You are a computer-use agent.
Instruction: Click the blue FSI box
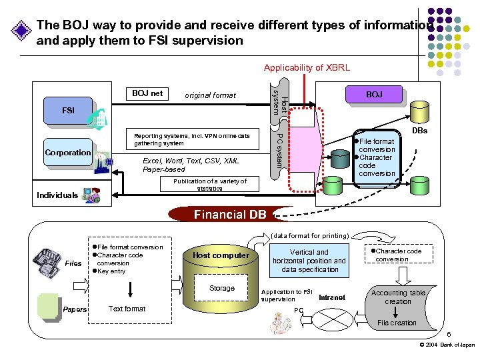[x=68, y=111]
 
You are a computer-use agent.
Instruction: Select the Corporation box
[x=68, y=152]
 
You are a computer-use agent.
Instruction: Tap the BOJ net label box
[x=147, y=94]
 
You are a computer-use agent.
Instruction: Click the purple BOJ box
[x=374, y=94]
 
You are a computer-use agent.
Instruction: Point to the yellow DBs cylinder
[x=419, y=112]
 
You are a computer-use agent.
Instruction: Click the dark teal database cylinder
[x=340, y=159]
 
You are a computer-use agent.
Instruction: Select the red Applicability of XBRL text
[x=307, y=67]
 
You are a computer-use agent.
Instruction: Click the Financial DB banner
[x=230, y=214]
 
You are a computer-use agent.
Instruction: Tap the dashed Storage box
[x=221, y=288]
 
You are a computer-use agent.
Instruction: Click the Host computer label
[x=221, y=255]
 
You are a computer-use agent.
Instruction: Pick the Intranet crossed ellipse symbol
[x=332, y=319]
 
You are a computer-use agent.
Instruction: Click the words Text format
[x=127, y=309]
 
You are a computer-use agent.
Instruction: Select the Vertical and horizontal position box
[x=309, y=261]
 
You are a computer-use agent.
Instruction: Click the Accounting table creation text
[x=398, y=297]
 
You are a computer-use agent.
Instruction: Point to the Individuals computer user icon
[x=91, y=195]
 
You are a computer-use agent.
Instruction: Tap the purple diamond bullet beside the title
[x=21, y=30]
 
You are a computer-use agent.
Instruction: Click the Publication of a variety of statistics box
[x=209, y=184]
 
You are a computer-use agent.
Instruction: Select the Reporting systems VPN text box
[x=193, y=139]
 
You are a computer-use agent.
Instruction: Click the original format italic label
[x=210, y=95]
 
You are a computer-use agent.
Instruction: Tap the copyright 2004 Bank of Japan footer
[x=447, y=345]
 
